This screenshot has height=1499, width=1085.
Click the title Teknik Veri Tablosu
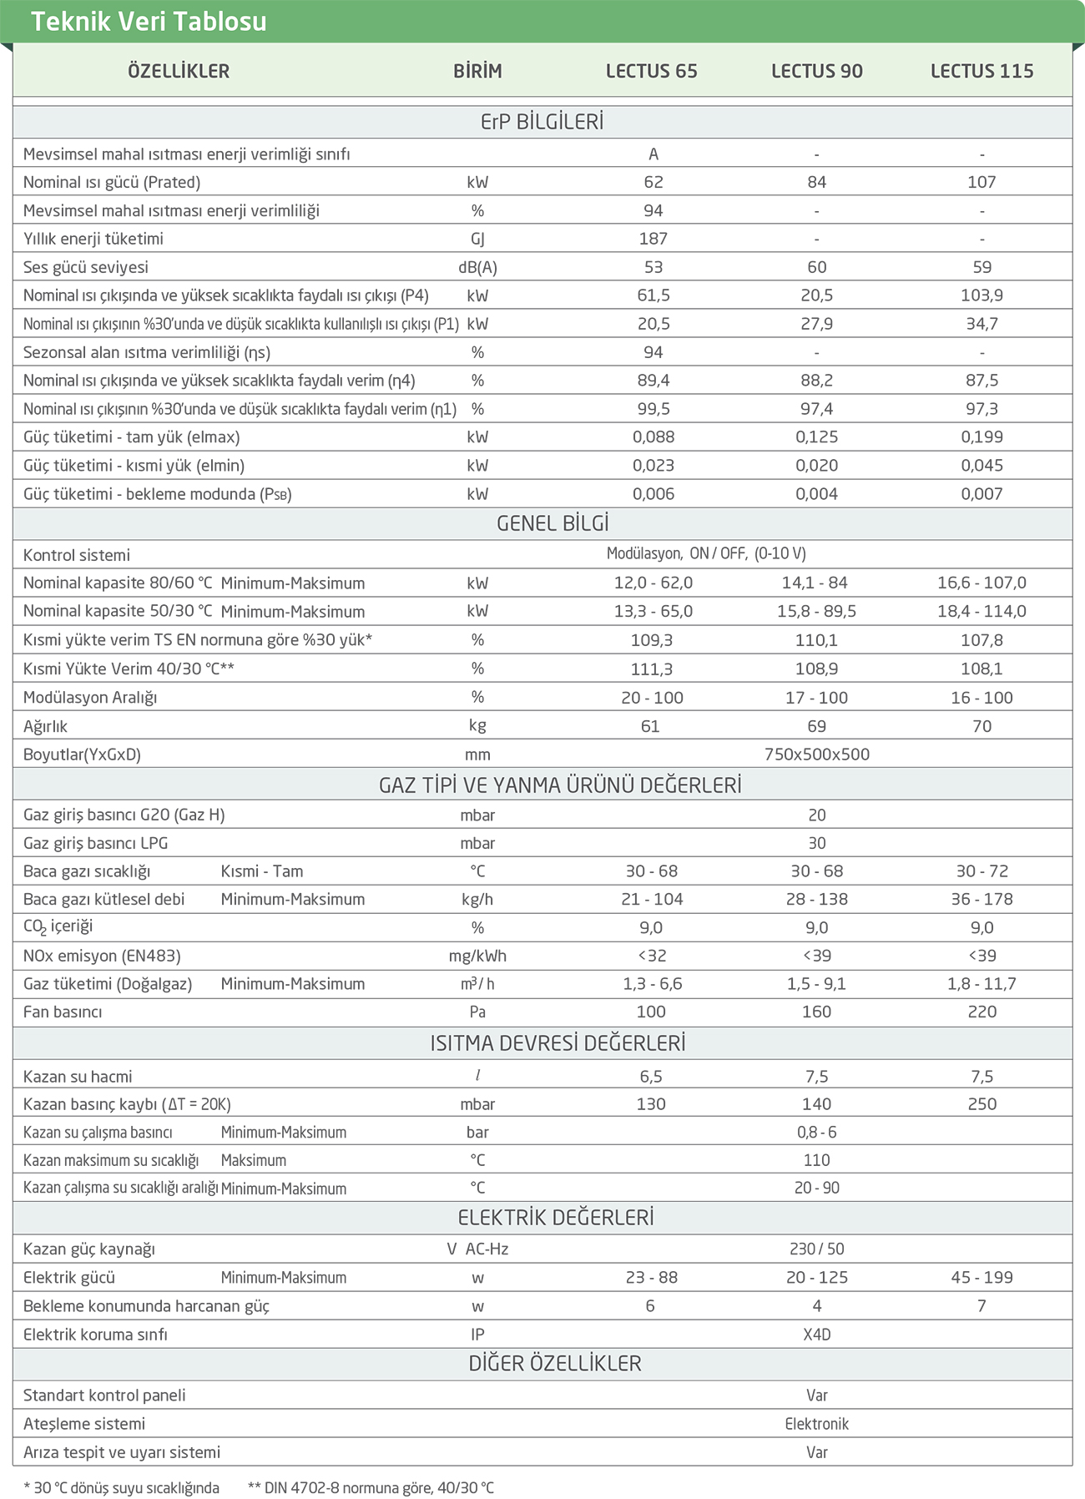149,21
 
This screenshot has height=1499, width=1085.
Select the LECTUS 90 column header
816,71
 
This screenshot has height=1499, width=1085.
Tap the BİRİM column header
477,71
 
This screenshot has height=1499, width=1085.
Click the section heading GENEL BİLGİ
553,523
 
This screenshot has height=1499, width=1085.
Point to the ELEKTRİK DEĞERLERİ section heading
556,1218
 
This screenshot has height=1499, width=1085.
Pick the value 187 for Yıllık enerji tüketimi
653,239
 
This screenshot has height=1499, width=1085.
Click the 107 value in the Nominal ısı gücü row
982,182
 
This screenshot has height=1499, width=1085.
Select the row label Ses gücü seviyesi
86,267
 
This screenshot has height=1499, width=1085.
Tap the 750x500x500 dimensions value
816,755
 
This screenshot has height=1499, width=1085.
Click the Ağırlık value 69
816,726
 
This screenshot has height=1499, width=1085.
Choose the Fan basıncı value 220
982,1012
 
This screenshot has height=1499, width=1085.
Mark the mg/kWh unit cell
477,956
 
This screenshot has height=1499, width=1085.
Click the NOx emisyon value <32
652,956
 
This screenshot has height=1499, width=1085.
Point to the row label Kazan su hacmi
78,1077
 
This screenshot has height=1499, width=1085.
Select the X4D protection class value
816,1335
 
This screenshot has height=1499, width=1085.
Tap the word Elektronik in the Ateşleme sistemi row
816,1424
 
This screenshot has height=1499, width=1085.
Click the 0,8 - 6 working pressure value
816,1133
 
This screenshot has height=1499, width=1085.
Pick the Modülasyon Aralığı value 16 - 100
982,698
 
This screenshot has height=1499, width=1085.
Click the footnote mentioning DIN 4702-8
371,1487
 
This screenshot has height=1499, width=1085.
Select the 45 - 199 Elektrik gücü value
982,1278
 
